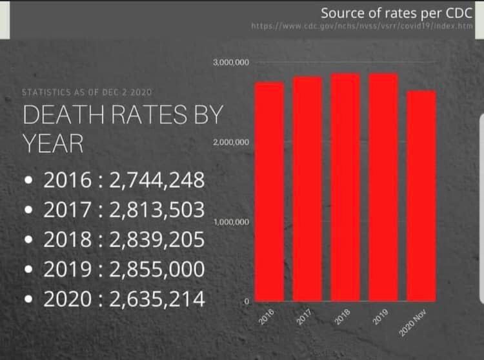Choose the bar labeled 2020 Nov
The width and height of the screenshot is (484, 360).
[x=422, y=195]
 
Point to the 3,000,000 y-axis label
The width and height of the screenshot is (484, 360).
[x=230, y=63]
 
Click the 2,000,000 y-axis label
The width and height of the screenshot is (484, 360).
[x=230, y=142]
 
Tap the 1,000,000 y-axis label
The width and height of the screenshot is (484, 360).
[x=230, y=222]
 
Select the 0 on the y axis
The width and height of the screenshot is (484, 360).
[x=246, y=301]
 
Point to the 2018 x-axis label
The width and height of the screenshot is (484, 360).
[x=343, y=317]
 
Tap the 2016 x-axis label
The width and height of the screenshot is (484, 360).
[x=266, y=317]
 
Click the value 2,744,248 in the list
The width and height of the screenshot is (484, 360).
[x=157, y=180]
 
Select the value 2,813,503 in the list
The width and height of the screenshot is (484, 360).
[x=157, y=210]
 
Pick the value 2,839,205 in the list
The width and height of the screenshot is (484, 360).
[x=157, y=239]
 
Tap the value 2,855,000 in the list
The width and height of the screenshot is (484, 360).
[x=157, y=269]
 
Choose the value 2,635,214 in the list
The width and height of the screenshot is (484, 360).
[x=157, y=299]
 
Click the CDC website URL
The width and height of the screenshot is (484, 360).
[x=362, y=26]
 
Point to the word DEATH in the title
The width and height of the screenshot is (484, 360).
[x=62, y=115]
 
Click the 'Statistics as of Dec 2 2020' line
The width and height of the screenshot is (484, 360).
[x=87, y=92]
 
